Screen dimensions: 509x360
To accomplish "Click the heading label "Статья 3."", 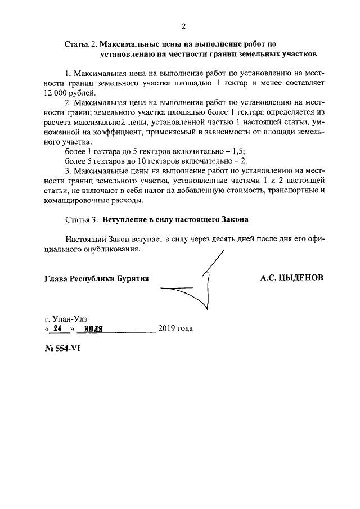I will tap(82, 218).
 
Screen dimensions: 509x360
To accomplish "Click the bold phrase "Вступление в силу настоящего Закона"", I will tap(175, 218).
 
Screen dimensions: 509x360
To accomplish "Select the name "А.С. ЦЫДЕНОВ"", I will tap(292, 278).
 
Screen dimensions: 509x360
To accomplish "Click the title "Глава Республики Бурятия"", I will tap(97, 278).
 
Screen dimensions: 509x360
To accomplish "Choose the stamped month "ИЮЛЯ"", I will tap(92, 329).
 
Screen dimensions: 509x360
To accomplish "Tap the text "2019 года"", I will tap(175, 328).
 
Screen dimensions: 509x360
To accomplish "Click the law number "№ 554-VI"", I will tap(62, 348).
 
